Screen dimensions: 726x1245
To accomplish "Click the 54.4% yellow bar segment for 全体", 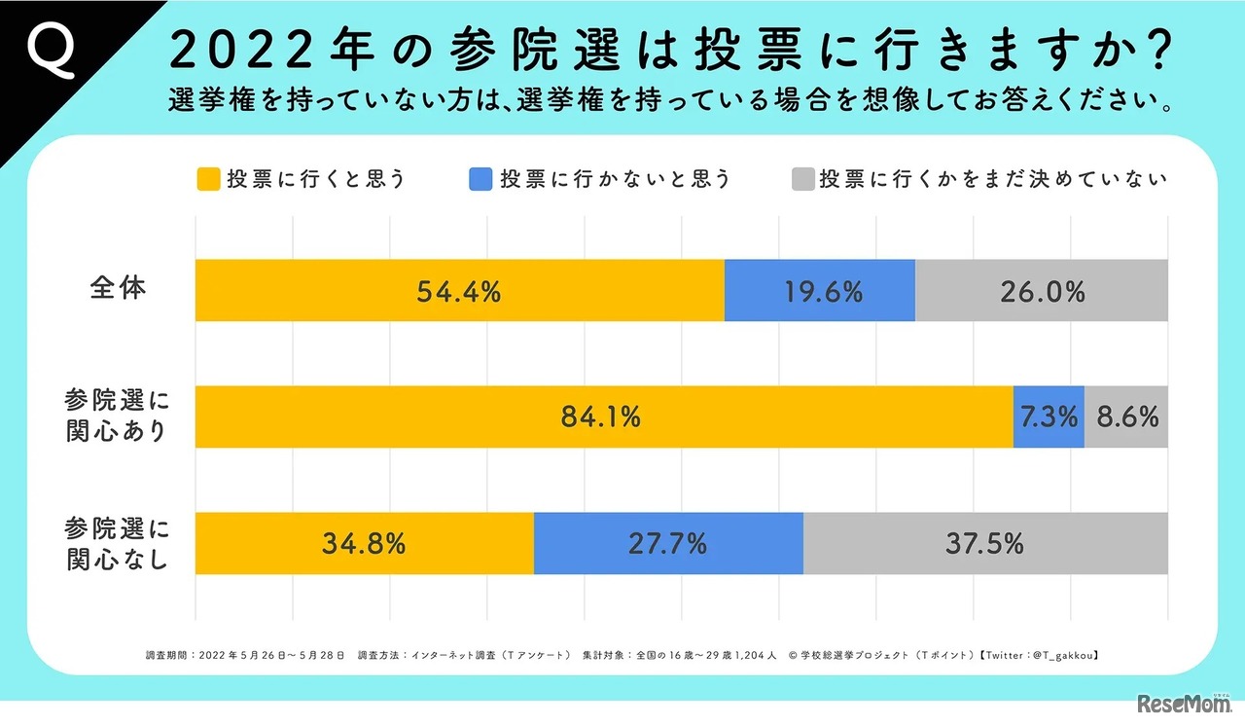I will coord(459,291).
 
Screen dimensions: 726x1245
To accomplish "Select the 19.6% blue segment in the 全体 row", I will coord(819,291).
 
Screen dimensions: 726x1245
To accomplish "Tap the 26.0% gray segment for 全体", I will coord(1041,291).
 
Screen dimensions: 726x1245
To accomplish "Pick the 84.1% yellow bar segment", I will coord(603,417).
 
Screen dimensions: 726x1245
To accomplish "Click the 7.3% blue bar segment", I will coord(1049,417).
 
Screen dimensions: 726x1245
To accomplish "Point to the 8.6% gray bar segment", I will coord(1126,417).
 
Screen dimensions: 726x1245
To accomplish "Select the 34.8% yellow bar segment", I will coord(364,543).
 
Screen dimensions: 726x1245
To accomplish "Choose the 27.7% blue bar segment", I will coord(668,543).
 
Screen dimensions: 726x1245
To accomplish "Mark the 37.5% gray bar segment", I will coord(984,543).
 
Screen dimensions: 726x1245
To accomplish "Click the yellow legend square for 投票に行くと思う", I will coord(208,180).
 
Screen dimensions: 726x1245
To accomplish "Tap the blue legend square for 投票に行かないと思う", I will coord(480,180).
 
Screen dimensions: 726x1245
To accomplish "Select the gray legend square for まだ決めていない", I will coord(801,180).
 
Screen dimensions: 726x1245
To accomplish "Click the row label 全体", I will coord(118,289).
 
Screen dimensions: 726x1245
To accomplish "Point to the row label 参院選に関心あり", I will coord(118,417).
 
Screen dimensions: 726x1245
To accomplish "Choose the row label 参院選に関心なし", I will coord(118,544).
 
